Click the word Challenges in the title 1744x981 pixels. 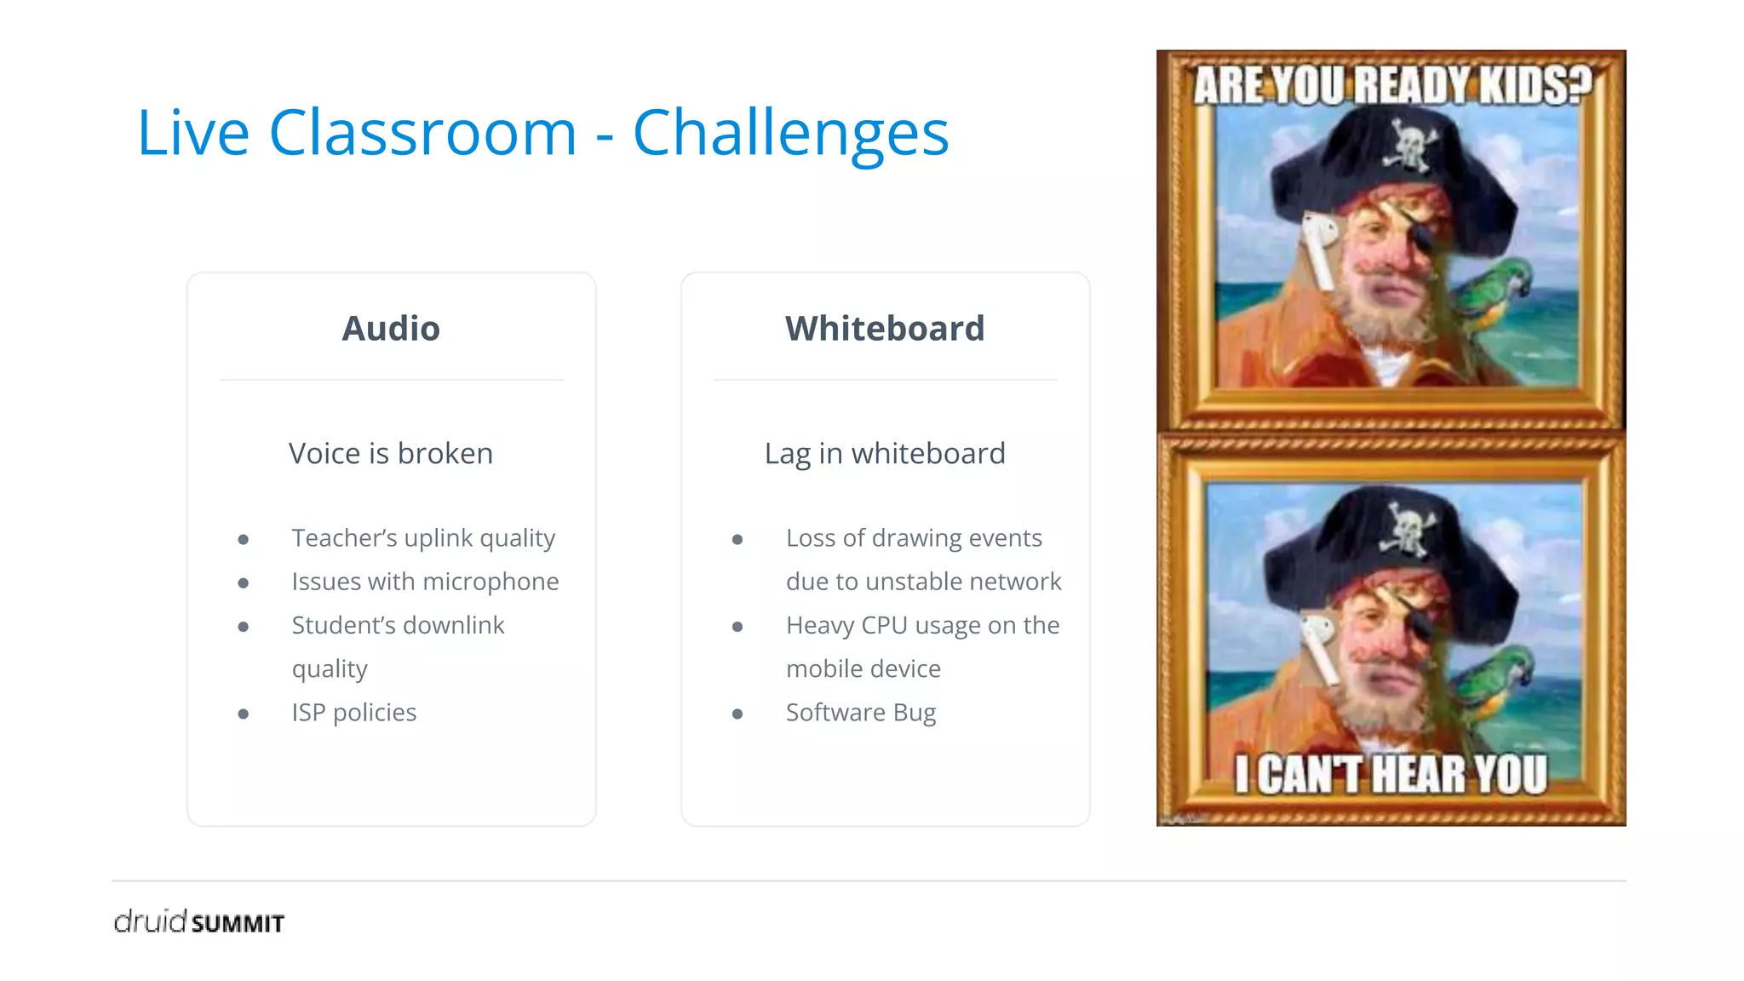pyautogui.click(x=790, y=134)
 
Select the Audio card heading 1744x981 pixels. pyautogui.click(x=391, y=329)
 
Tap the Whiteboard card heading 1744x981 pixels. pyautogui.click(x=885, y=329)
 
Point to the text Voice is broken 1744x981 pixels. pyautogui.click(x=391, y=453)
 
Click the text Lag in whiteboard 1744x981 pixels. pyautogui.click(x=885, y=453)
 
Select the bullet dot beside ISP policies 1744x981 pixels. pyautogui.click(x=244, y=714)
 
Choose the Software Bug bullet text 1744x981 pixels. pyautogui.click(x=860, y=712)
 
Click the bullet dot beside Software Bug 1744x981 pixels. pyautogui.click(x=737, y=714)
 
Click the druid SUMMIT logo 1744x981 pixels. pyautogui.click(x=199, y=921)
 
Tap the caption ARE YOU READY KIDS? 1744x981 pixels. pyautogui.click(x=1391, y=85)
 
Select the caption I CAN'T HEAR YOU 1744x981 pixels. pyautogui.click(x=1391, y=775)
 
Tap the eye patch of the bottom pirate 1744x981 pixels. pyautogui.click(x=1420, y=628)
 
